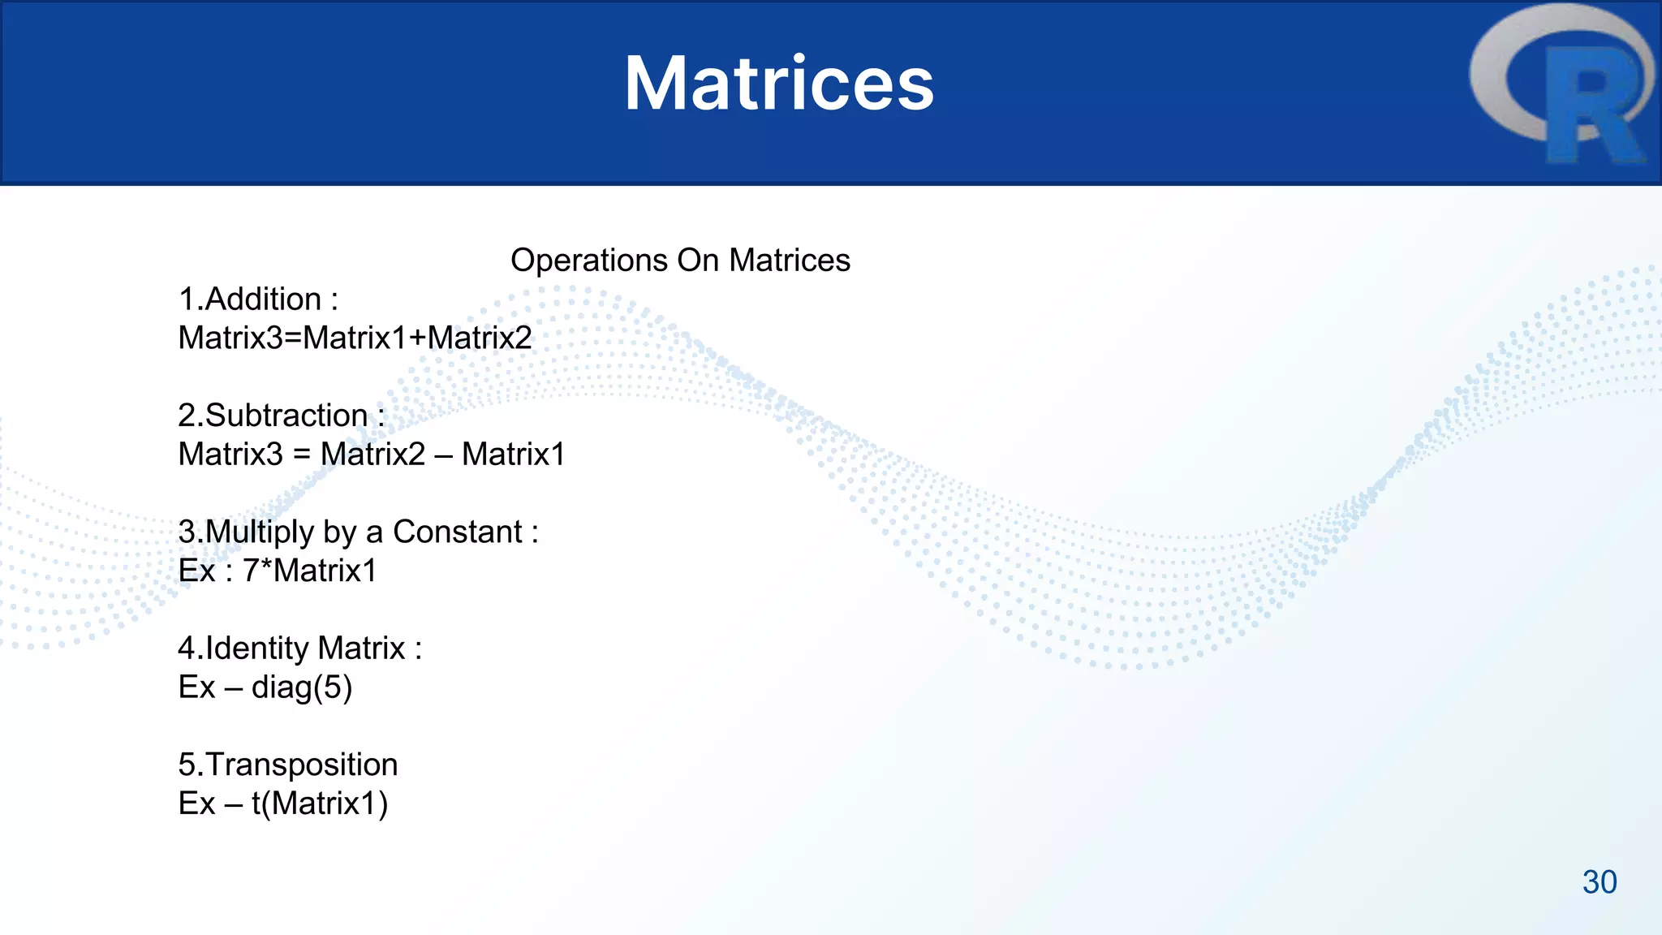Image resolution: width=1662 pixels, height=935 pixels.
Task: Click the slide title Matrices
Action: (x=778, y=84)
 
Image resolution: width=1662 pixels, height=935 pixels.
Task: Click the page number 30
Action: (x=1599, y=882)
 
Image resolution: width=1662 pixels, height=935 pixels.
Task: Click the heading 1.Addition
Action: (x=257, y=299)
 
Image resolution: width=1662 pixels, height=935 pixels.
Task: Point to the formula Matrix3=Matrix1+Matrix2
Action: (x=355, y=338)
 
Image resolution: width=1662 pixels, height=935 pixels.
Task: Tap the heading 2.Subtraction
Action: (x=281, y=416)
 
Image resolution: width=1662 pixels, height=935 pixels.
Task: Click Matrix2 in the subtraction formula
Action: (x=372, y=455)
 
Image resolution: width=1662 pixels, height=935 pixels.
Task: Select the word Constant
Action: (x=457, y=532)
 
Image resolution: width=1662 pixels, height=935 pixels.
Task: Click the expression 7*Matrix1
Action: (x=309, y=571)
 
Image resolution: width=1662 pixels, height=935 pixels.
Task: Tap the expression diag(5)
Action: (x=301, y=687)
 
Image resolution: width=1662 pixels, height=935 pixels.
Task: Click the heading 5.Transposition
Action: (x=287, y=765)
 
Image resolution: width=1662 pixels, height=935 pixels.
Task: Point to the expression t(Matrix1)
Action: (x=319, y=804)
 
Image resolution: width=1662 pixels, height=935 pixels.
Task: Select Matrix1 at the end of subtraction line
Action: (x=513, y=455)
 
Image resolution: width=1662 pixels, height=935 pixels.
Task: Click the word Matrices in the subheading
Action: (x=789, y=261)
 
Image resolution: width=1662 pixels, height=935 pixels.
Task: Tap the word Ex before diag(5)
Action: (x=196, y=687)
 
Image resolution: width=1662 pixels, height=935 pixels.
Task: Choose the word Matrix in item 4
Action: (x=361, y=648)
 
